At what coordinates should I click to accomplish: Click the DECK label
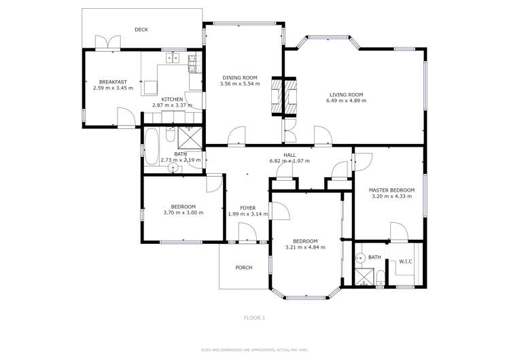click(141, 29)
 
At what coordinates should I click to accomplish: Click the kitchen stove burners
click(192, 63)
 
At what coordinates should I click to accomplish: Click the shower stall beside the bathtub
click(192, 138)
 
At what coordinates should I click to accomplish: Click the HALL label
click(289, 155)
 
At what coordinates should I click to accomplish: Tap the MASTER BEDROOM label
click(391, 190)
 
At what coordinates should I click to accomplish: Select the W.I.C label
click(406, 261)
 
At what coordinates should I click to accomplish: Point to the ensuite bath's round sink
click(360, 258)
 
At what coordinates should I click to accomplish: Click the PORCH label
click(243, 268)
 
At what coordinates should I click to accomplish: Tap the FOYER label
click(247, 208)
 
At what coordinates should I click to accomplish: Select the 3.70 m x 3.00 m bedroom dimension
click(183, 213)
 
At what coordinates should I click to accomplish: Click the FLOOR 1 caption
click(254, 317)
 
